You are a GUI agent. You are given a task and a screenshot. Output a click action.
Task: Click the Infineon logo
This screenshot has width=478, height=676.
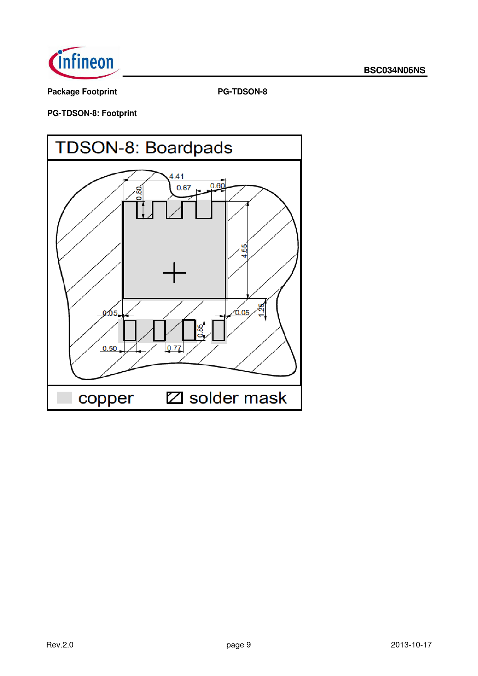point(84,63)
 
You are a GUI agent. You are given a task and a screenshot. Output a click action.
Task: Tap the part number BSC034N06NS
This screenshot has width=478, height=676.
point(394,70)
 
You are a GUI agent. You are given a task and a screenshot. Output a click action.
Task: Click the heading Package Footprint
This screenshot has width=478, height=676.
point(82,92)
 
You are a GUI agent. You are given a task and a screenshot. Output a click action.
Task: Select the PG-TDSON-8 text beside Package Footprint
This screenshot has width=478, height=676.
point(242,92)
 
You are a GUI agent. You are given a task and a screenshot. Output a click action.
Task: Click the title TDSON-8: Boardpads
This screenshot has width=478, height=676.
point(144,148)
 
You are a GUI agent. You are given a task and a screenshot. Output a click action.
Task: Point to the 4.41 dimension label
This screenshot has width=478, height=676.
point(177,176)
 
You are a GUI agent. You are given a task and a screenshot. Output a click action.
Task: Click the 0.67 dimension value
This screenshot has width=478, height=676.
point(184,188)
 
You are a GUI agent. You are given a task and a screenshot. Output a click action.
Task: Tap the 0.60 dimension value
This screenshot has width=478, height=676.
point(217,186)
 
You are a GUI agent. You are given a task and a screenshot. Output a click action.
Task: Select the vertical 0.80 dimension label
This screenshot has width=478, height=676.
point(139,193)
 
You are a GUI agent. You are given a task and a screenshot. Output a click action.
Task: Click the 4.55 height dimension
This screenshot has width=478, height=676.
point(244,251)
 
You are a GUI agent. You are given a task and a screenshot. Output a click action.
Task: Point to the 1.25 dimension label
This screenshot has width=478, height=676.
point(261,310)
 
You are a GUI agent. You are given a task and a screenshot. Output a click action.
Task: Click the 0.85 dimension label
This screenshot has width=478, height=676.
point(200,331)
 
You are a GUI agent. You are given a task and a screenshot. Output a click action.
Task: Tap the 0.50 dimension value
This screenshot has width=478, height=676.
point(109,348)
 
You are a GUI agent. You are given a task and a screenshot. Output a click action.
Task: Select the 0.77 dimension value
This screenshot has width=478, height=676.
point(174,348)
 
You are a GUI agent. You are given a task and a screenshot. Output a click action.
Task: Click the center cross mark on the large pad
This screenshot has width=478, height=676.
point(174,272)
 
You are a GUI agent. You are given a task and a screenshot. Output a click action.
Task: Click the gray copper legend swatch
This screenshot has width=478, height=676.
point(64,398)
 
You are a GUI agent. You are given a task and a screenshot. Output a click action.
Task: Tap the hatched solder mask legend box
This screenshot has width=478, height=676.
point(175,398)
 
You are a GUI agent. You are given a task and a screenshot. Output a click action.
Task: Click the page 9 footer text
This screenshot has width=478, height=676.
point(239,645)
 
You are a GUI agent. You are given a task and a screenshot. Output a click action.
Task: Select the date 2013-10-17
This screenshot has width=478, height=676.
point(411,645)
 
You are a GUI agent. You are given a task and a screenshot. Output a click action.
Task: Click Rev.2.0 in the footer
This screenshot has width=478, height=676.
point(60,645)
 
